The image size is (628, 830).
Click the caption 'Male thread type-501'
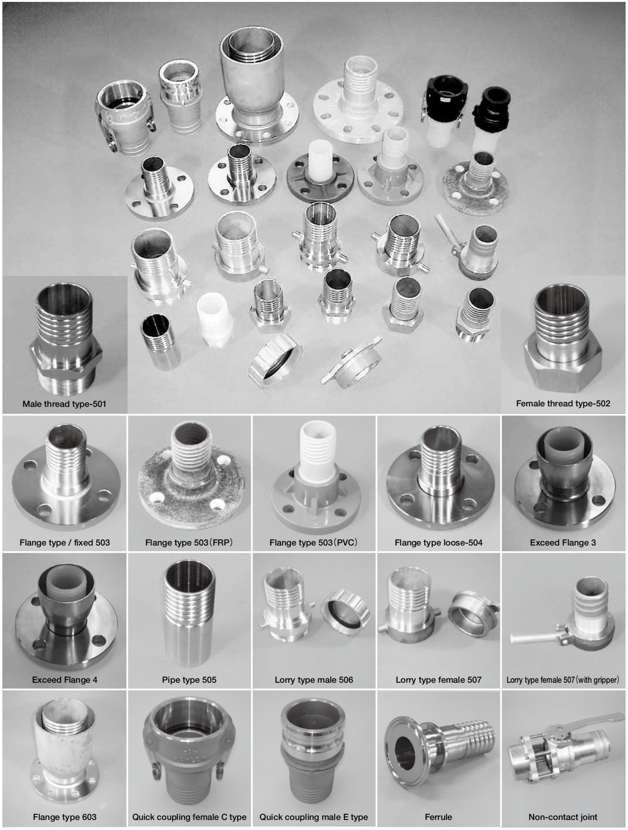point(65,404)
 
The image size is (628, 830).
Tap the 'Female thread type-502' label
point(563,404)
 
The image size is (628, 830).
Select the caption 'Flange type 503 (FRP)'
point(189,543)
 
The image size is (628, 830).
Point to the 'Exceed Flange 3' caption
point(563,543)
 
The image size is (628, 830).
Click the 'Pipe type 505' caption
point(189,680)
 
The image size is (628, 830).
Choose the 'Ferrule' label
point(438,817)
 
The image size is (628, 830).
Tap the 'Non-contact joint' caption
point(563,817)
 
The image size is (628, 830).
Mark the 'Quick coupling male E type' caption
point(314,817)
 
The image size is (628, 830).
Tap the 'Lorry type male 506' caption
point(314,680)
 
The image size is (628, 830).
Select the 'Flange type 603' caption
point(65,817)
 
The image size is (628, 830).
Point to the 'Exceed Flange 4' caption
point(65,680)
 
